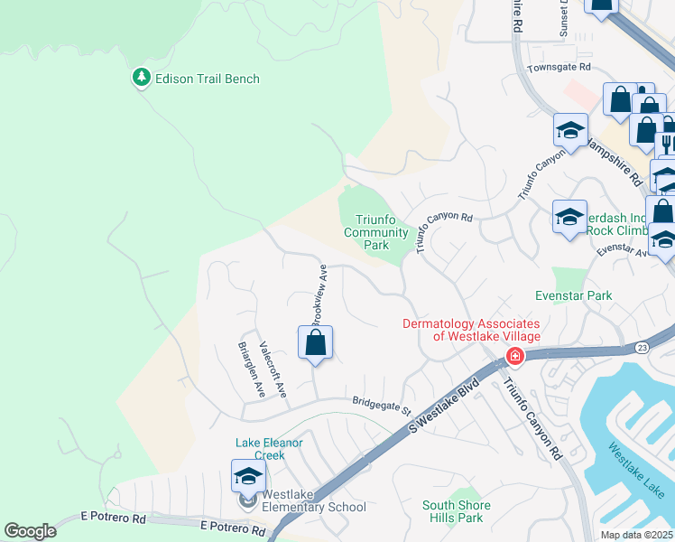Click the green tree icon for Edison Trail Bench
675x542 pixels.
point(141,79)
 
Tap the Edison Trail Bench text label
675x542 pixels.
point(207,79)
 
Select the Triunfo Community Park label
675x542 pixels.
point(378,232)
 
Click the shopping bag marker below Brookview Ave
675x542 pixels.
point(315,343)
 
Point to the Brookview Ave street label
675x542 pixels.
point(319,294)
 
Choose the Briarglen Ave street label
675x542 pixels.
point(251,369)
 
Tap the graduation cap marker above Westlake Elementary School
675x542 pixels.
point(248,476)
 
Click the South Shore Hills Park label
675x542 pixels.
point(457,511)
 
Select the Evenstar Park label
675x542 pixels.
point(573,295)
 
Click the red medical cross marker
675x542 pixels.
point(514,356)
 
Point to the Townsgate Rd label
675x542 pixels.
point(559,68)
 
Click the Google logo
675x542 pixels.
point(30,531)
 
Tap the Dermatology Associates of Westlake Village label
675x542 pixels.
point(470,330)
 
